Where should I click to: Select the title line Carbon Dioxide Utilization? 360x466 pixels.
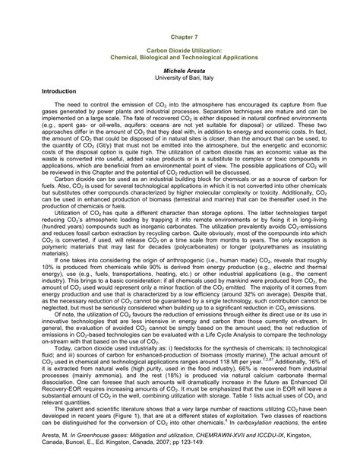click(180, 51)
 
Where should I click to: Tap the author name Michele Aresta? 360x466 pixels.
click(180, 68)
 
